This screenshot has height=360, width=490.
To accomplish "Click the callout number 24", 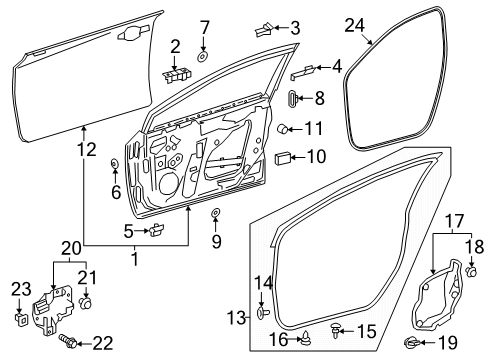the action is (355, 26).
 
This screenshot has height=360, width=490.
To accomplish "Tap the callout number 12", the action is (87, 149).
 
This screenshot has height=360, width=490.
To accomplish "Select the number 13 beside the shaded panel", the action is (236, 317).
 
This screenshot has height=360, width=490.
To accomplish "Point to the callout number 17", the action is (455, 221).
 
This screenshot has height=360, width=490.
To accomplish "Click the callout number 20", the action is (71, 248).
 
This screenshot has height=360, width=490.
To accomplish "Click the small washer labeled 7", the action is (202, 57).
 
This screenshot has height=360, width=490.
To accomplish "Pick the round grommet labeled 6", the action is (115, 164).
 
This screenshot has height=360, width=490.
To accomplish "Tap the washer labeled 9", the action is (216, 212).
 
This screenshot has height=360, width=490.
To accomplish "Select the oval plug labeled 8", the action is (292, 98).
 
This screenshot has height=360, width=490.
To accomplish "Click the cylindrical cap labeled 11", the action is (283, 128).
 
